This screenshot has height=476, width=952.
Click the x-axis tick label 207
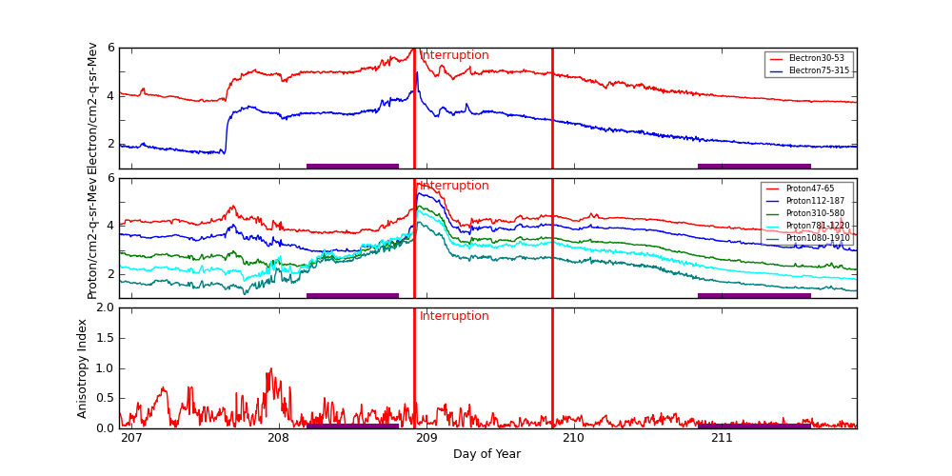tap(131, 438)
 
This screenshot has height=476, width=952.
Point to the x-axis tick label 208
tap(279, 438)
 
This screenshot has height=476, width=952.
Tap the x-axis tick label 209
tap(426, 438)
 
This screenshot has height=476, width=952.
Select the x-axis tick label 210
tap(574, 438)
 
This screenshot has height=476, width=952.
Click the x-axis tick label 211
tap(722, 438)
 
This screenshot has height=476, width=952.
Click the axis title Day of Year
tap(486, 454)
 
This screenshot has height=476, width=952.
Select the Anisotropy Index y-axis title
tap(83, 367)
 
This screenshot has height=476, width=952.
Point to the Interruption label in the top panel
tap(454, 55)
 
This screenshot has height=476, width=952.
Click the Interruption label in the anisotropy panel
tap(454, 316)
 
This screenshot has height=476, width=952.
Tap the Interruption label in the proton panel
tap(454, 186)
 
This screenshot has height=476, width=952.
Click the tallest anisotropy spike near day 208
tap(270, 369)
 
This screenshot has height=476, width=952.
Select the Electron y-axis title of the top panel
tap(92, 108)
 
